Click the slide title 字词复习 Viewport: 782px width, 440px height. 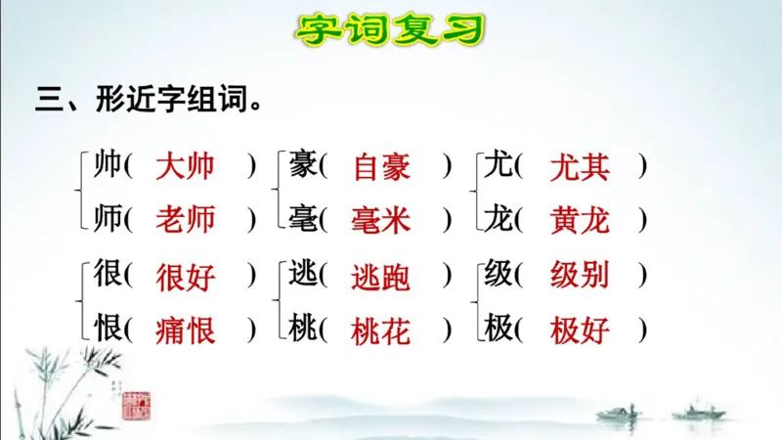[x=390, y=29]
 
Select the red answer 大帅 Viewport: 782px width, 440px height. [x=185, y=167]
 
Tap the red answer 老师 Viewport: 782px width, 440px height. [x=185, y=220]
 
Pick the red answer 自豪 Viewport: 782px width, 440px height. [x=381, y=167]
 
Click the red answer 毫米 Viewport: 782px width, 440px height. [x=381, y=220]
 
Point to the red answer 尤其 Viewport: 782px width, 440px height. [x=580, y=167]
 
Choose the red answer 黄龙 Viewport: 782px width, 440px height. [x=580, y=220]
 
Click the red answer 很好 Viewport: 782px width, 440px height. [x=185, y=278]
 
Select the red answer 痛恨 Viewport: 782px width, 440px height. [x=185, y=330]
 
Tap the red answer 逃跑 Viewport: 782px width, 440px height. [x=381, y=278]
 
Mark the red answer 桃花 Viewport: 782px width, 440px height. [x=381, y=330]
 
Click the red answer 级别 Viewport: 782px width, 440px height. [x=580, y=278]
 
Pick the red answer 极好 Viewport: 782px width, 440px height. [x=580, y=330]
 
